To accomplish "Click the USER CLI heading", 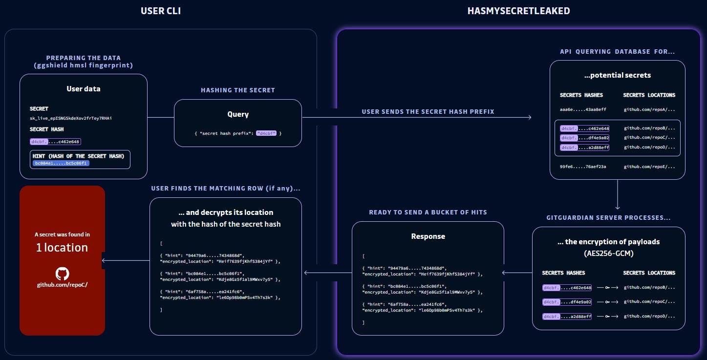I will click(161, 11).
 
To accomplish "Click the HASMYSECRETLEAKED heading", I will click(518, 11).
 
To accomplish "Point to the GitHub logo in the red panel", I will click(62, 273).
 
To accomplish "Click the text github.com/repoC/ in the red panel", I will click(62, 285).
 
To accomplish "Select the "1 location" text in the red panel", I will click(62, 248).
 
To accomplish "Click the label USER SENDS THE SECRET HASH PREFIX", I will click(428, 112).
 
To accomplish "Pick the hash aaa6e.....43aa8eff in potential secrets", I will click(583, 109).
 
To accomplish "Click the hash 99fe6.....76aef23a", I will click(583, 167).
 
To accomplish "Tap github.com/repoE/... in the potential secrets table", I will click(650, 167).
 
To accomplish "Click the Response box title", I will click(428, 236).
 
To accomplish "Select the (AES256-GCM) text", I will click(608, 254).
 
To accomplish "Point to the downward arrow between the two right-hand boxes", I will click(618, 195).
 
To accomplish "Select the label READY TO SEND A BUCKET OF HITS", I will click(428, 212).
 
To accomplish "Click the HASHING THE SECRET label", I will click(238, 90).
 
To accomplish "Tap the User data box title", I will click(84, 89).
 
